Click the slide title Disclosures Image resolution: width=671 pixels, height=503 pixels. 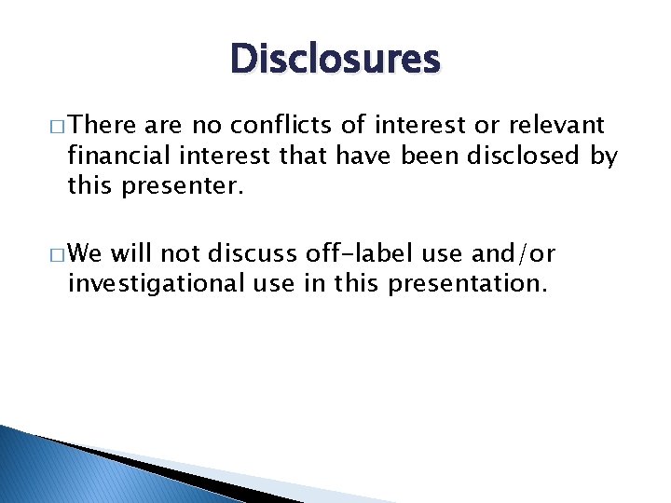(335, 60)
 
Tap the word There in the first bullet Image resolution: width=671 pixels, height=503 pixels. (103, 125)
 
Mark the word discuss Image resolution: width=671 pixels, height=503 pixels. (248, 252)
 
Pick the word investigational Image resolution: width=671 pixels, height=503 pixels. (147, 283)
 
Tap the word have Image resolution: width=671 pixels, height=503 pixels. (366, 156)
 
